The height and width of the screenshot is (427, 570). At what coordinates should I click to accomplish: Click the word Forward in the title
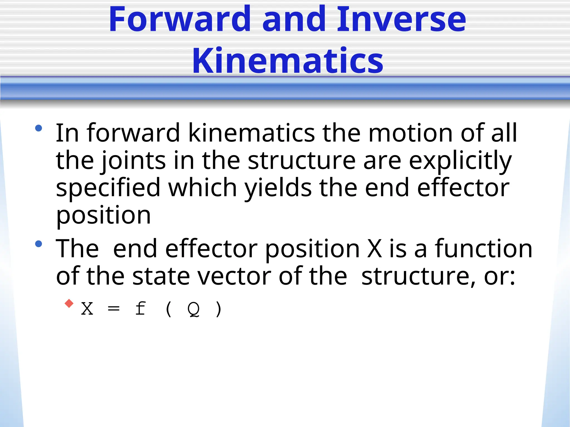(180, 19)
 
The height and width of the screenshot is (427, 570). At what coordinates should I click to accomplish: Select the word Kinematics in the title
(288, 61)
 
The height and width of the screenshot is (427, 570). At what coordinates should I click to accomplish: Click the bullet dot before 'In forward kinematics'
(39, 128)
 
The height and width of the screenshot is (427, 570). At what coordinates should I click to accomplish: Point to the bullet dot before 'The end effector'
(39, 244)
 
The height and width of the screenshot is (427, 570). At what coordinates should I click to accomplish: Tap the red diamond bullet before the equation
(69, 303)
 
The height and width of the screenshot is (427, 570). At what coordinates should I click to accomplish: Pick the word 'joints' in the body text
(134, 161)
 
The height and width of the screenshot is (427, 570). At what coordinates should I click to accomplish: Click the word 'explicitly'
(460, 161)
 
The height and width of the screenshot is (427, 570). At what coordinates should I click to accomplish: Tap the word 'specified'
(108, 188)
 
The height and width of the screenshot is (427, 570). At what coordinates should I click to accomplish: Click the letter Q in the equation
(194, 309)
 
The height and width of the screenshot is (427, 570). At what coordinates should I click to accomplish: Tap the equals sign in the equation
(114, 309)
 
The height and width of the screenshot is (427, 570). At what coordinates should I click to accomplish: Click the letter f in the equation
(141, 309)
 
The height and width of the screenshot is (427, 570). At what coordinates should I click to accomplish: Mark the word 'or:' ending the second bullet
(500, 276)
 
